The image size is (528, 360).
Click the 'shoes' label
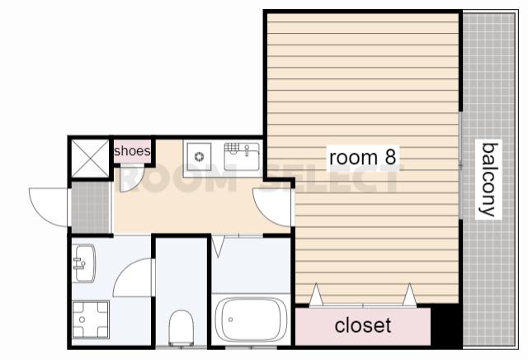(x=132, y=150)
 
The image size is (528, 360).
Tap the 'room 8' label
(x=362, y=158)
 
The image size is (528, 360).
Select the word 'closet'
(x=363, y=325)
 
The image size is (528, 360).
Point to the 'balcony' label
(x=488, y=179)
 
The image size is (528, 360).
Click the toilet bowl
(x=181, y=328)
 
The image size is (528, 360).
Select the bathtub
(x=251, y=320)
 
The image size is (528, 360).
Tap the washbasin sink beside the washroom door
(x=83, y=263)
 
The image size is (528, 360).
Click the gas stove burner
(x=200, y=157)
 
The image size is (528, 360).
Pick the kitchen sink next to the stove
(x=242, y=156)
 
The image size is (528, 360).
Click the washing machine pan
(x=91, y=320)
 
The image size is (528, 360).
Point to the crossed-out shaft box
(x=90, y=158)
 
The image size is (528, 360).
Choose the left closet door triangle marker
(x=316, y=295)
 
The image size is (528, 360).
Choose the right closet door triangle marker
(x=409, y=295)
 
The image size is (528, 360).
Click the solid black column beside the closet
(x=445, y=325)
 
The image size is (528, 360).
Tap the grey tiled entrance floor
(x=91, y=207)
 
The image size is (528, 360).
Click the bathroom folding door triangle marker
(x=218, y=246)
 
